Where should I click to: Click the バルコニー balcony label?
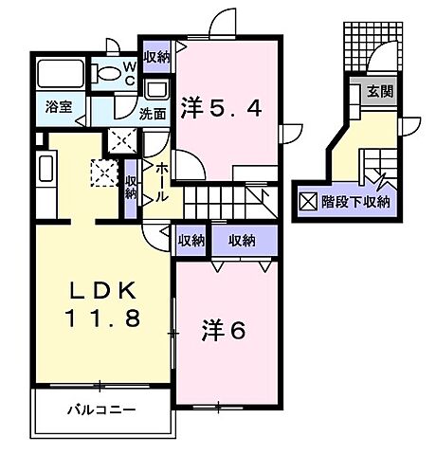tap(101, 412)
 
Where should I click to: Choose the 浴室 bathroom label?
tap(59, 107)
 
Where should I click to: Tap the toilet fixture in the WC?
tap(101, 73)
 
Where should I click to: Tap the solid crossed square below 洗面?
tap(120, 141)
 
